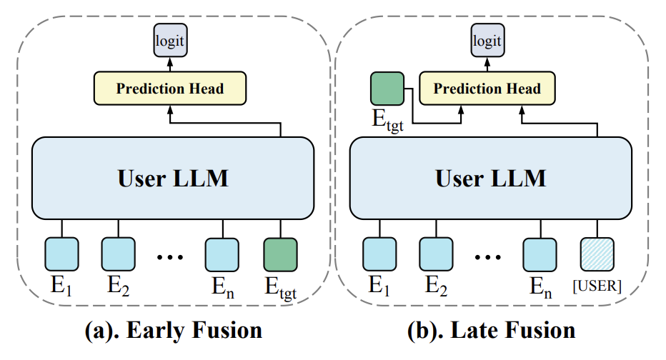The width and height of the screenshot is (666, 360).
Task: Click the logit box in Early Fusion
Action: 170,40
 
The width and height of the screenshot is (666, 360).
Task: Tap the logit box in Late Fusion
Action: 487,40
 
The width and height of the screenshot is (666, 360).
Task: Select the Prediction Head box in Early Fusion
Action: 170,89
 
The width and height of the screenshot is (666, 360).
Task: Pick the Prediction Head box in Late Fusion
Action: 487,89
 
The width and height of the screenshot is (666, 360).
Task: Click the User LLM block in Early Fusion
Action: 173,178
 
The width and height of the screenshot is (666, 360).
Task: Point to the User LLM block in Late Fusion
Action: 491,178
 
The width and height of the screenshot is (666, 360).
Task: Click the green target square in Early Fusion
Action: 280,255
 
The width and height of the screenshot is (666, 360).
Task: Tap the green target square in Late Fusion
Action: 387,89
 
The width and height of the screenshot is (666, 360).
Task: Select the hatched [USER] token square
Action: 597,255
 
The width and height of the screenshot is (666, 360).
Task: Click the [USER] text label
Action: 597,286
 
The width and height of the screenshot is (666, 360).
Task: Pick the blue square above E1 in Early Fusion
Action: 61,254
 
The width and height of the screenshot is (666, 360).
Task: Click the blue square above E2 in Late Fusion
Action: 436,254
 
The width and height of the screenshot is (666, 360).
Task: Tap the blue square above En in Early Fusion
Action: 222,255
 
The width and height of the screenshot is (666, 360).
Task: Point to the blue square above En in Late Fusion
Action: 540,255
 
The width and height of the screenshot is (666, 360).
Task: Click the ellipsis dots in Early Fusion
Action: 170,257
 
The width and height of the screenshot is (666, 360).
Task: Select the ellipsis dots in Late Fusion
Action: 487,257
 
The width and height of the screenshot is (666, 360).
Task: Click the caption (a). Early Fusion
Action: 174,330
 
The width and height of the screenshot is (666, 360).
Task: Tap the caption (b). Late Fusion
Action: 492,330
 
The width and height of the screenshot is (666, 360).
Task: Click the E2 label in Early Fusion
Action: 118,286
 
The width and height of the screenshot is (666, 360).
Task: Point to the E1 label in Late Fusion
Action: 379,286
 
